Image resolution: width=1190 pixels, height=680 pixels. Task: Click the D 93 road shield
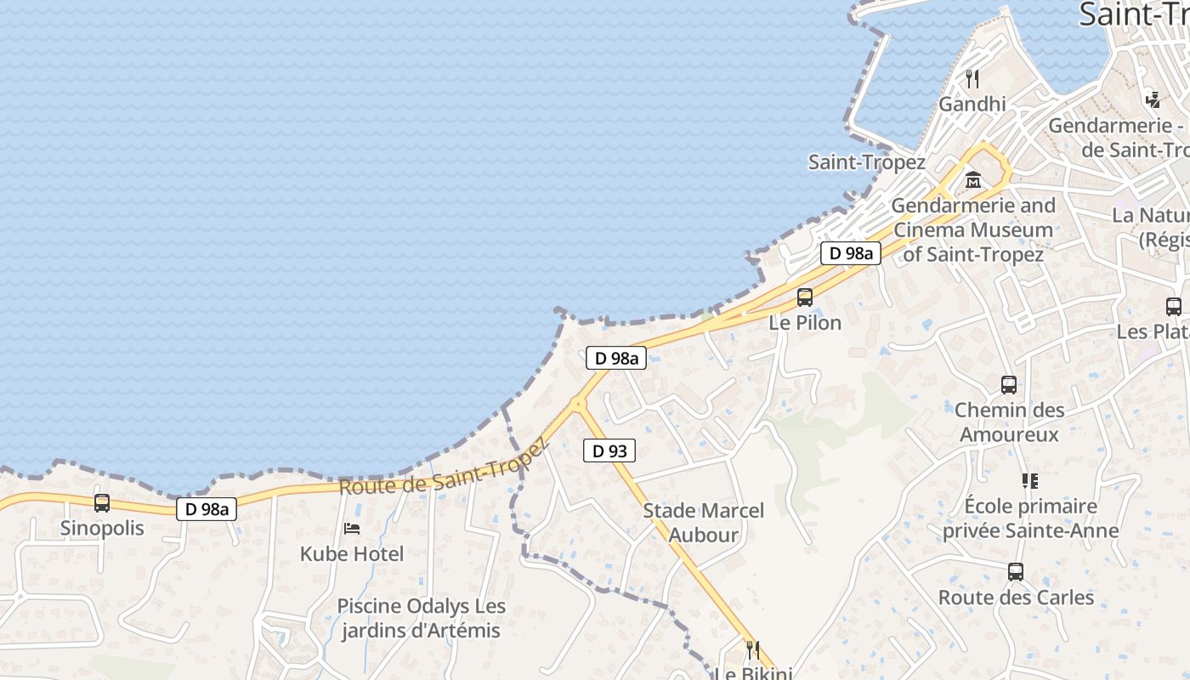(x=609, y=450)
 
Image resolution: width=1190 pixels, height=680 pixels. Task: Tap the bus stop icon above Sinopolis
(x=102, y=503)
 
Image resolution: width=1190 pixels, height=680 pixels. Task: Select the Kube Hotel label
(x=352, y=554)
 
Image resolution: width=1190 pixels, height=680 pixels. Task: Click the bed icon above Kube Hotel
(x=352, y=529)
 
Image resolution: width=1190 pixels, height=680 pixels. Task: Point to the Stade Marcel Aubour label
(x=703, y=523)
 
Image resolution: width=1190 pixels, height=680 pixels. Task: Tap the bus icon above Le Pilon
(x=804, y=297)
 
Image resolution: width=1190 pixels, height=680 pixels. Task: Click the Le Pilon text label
(x=805, y=323)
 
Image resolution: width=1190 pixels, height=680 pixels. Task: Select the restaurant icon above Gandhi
(x=972, y=79)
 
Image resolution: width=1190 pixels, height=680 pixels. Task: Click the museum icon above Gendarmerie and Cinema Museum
(x=973, y=180)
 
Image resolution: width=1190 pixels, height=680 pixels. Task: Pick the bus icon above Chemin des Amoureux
(x=1009, y=385)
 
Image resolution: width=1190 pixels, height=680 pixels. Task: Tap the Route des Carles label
(x=1016, y=598)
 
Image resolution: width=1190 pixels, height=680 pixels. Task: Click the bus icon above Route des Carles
(x=1016, y=572)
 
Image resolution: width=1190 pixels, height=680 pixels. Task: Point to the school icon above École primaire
(x=1030, y=481)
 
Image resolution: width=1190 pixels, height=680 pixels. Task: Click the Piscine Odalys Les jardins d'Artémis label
(x=422, y=619)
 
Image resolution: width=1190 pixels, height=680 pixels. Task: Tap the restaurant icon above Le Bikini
(x=752, y=650)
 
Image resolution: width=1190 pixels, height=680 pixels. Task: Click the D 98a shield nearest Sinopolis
(x=207, y=509)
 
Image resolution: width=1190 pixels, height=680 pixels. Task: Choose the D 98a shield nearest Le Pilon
(x=850, y=252)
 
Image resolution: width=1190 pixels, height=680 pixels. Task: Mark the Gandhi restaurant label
(x=972, y=105)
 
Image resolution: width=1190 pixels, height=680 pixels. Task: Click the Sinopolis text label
(x=102, y=529)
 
